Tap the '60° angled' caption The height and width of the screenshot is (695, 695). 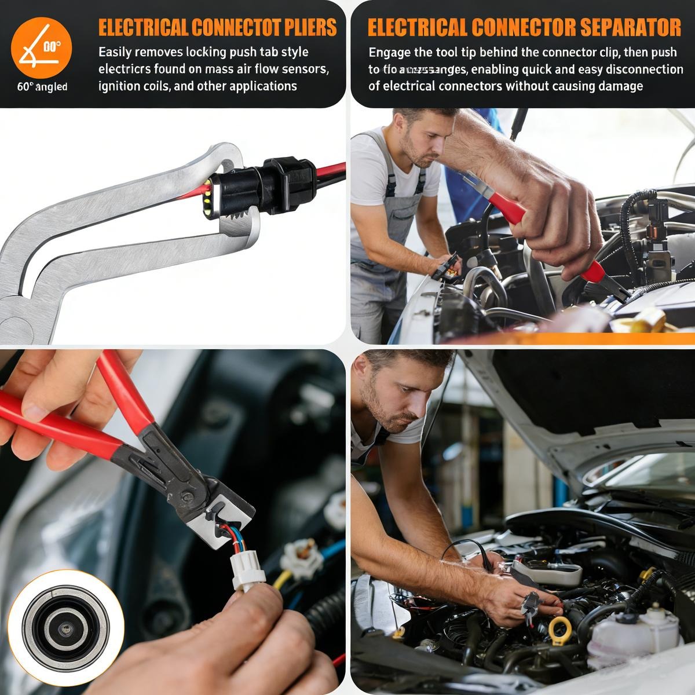[42, 87]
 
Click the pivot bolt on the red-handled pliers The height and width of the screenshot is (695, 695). [186, 495]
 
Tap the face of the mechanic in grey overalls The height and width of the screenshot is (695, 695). [425, 142]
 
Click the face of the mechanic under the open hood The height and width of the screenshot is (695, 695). [392, 400]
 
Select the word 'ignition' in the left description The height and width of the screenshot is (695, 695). [118, 86]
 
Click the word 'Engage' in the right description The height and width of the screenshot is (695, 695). [390, 52]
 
